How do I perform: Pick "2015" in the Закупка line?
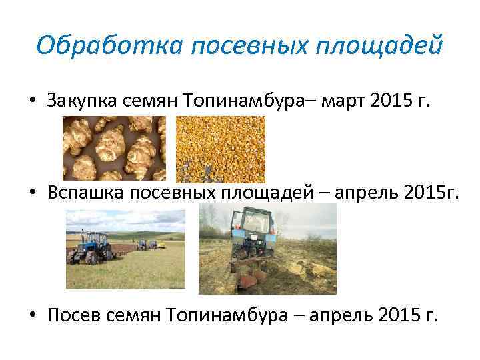(395, 101)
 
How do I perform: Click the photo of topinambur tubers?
(114, 148)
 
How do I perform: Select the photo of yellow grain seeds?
(220, 148)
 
